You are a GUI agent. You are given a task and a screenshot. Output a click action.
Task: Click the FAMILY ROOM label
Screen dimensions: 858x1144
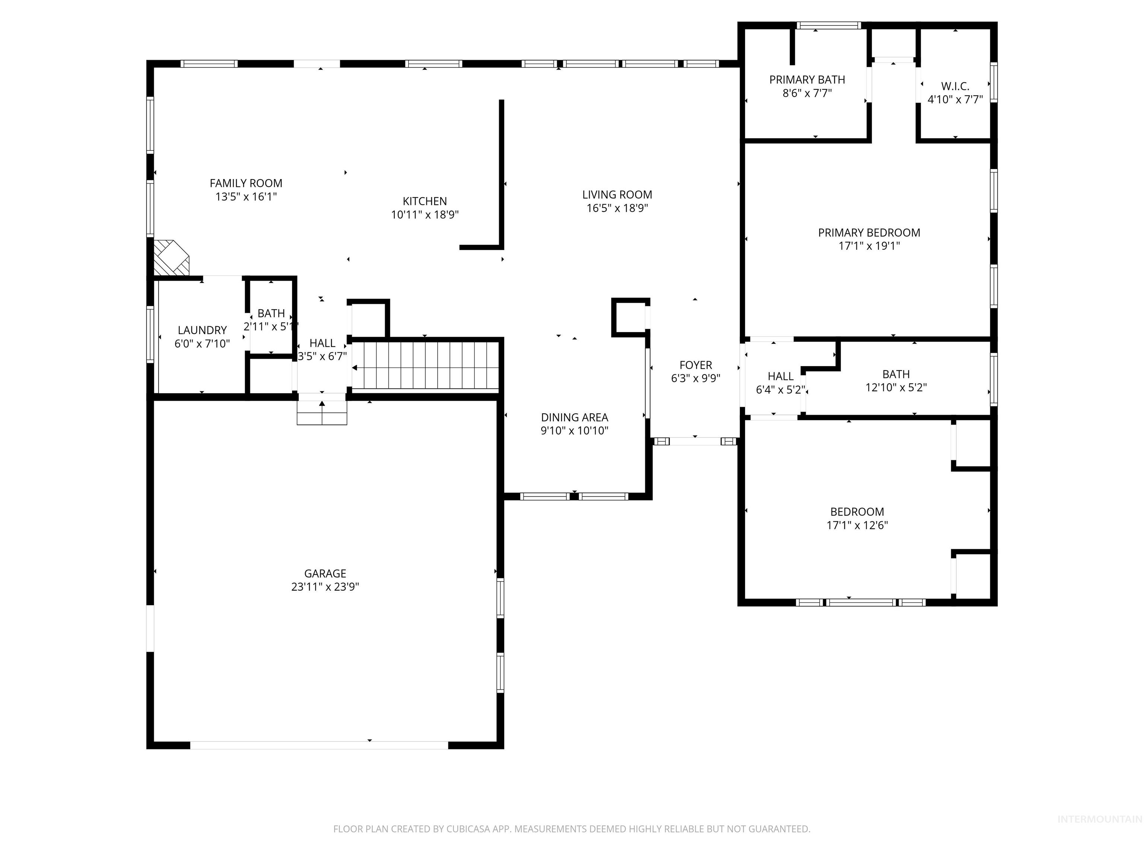point(246,183)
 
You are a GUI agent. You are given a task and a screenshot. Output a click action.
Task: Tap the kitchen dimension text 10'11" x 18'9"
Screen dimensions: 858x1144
point(425,214)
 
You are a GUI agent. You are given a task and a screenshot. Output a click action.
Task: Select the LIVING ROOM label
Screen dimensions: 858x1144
point(617,194)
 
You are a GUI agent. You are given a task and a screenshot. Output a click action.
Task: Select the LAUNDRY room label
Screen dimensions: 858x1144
point(202,330)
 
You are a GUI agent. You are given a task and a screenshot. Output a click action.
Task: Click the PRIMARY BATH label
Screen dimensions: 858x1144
point(807,80)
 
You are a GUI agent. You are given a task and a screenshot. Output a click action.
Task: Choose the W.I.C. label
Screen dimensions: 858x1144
point(955,86)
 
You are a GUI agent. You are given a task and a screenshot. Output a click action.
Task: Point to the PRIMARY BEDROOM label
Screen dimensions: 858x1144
point(869,233)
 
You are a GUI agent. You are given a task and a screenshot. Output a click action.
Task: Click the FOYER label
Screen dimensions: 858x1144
point(696,365)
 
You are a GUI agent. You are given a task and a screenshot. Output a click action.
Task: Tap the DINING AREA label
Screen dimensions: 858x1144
point(574,417)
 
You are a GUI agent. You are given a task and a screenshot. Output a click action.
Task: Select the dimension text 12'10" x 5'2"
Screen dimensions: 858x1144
point(896,387)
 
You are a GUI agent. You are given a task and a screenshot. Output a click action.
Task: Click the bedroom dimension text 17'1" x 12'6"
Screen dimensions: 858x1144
point(857,525)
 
